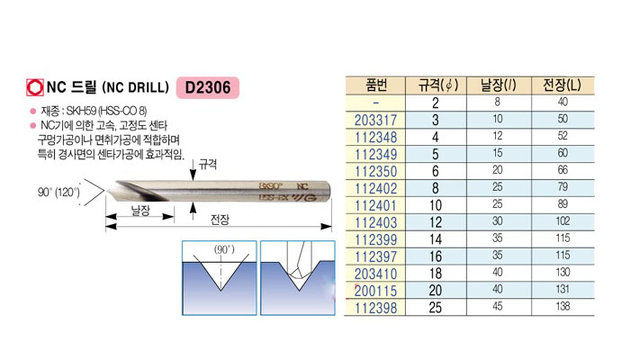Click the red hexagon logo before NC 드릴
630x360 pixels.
point(34,87)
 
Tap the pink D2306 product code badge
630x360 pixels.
point(208,87)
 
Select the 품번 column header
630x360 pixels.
point(376,85)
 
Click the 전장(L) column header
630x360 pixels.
point(562,85)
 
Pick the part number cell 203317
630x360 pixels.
point(375,120)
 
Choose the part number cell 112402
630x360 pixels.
point(375,188)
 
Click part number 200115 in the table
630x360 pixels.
point(375,291)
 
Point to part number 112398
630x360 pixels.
point(375,308)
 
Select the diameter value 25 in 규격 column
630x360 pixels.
point(436,308)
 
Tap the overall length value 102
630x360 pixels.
point(562,221)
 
